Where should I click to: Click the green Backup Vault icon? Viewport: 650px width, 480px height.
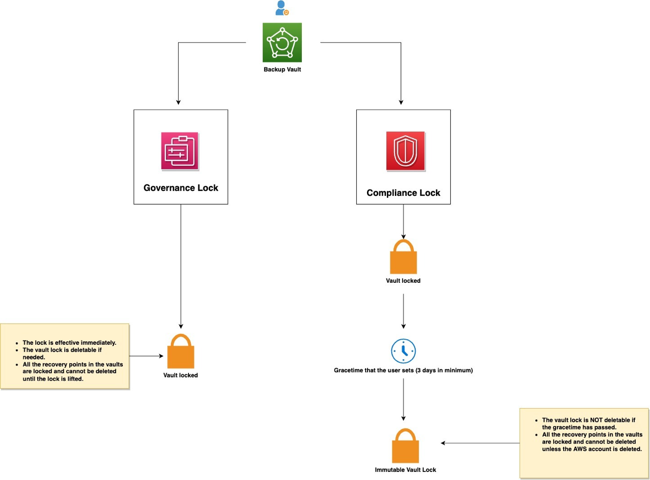point(282,43)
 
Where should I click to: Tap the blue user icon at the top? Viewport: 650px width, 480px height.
point(282,8)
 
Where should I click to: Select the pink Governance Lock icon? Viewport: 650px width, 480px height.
point(180,151)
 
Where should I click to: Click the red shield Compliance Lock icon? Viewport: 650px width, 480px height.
point(405,151)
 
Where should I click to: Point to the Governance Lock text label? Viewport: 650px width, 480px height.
point(180,188)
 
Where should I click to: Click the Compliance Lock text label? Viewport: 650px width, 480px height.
point(403,193)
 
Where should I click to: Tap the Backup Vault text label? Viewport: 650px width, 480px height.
point(282,70)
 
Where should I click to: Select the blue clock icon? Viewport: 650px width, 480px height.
point(403,351)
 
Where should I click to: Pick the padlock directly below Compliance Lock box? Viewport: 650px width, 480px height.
point(403,257)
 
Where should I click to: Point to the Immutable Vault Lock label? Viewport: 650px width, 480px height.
point(405,470)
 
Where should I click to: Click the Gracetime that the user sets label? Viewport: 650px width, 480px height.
point(403,370)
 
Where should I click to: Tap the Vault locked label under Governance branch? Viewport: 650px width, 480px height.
point(180,375)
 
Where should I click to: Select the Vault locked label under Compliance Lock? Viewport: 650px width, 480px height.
point(403,280)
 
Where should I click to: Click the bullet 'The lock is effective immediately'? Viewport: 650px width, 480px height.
point(69,343)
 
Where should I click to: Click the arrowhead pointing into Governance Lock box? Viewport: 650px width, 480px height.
point(178,102)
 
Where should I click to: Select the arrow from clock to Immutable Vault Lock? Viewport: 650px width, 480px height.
point(403,400)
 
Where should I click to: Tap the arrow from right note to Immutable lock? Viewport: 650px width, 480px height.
point(479,443)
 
